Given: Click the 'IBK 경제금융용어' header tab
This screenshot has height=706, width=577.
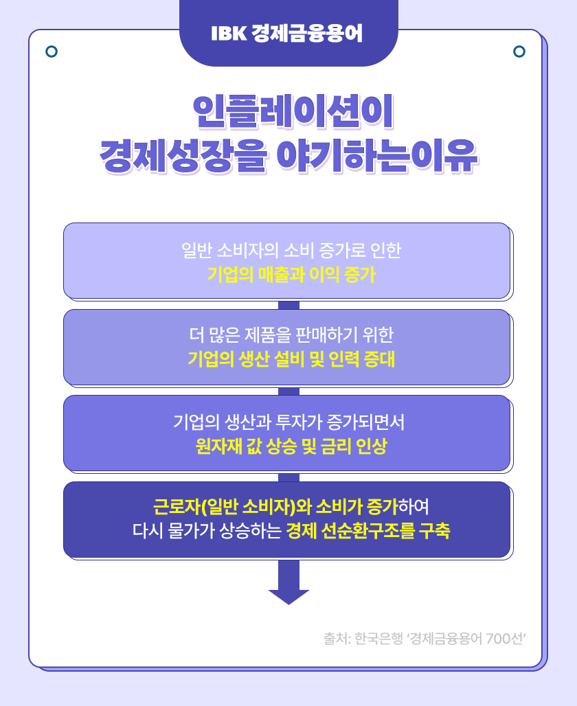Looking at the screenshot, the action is [x=288, y=33].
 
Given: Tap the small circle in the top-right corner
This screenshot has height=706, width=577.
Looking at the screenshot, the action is [x=519, y=52].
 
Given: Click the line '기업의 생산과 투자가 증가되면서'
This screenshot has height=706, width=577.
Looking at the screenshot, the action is [x=289, y=422].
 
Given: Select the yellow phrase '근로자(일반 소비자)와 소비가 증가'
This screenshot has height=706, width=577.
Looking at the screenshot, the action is [x=275, y=508].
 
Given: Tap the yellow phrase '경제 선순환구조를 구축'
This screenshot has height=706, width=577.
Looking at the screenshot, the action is [x=367, y=532].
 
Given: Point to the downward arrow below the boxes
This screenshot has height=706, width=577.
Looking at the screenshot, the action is [x=288, y=584].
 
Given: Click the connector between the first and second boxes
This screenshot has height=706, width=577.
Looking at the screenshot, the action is [x=288, y=304].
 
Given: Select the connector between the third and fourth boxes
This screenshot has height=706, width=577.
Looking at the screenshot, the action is [x=288, y=477].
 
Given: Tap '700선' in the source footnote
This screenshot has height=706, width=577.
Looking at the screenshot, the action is [x=504, y=638].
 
